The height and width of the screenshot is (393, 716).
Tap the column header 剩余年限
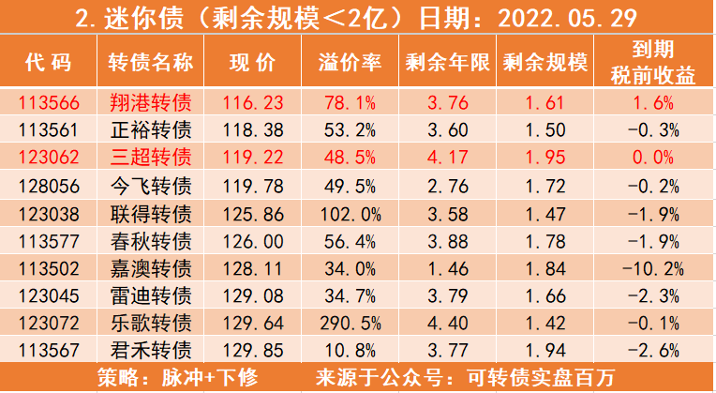(448, 63)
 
